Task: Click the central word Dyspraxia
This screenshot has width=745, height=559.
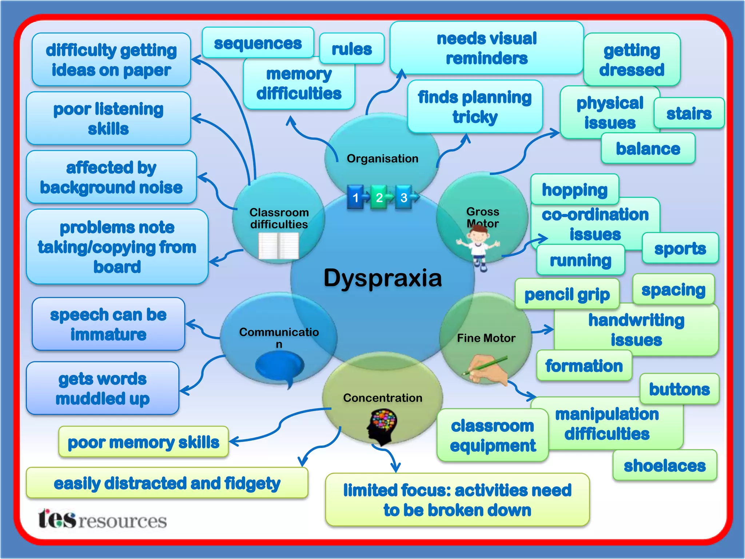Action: (383, 278)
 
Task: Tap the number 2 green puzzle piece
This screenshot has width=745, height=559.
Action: (379, 197)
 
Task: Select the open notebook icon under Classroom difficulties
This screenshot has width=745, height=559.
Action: (279, 246)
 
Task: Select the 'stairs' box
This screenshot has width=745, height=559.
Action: (689, 114)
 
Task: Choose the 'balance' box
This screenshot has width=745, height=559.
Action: (648, 148)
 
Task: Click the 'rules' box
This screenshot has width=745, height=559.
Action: (352, 49)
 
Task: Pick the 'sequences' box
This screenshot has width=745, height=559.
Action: (258, 43)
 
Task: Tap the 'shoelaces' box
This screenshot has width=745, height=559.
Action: (665, 465)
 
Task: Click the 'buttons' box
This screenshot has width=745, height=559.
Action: (679, 389)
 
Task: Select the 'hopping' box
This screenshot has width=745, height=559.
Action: (574, 189)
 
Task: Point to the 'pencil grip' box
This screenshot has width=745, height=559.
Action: (567, 294)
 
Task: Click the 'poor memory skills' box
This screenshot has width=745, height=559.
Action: (143, 442)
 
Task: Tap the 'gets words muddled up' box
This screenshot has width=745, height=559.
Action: (103, 388)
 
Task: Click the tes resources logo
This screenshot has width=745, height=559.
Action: (103, 519)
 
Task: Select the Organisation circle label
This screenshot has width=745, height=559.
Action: (382, 158)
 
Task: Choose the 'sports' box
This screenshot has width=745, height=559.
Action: (680, 249)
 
